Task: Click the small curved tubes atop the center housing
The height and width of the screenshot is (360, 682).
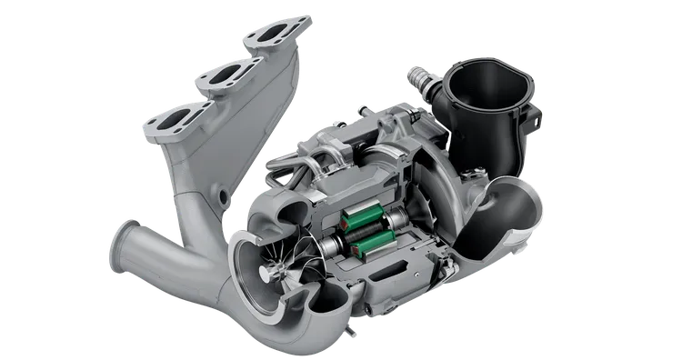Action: tap(310, 165)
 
